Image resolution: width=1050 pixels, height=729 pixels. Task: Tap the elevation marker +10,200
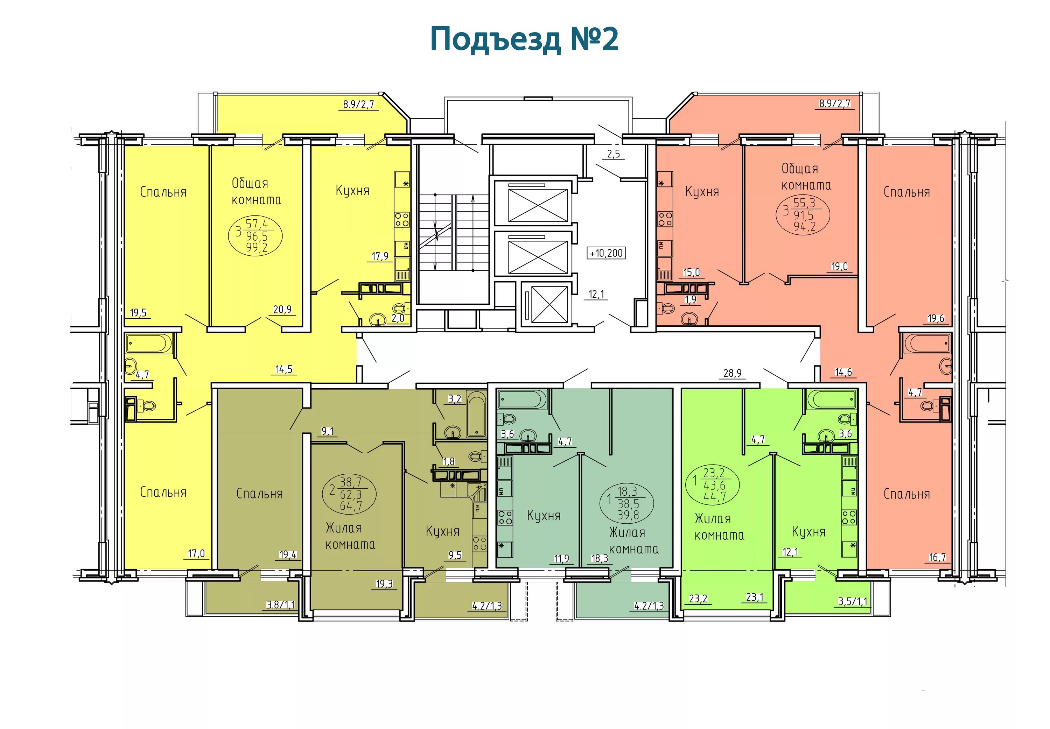click(606, 253)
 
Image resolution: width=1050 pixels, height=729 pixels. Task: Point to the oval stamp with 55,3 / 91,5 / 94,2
click(803, 215)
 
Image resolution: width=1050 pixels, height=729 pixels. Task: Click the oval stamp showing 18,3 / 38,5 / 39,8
click(627, 503)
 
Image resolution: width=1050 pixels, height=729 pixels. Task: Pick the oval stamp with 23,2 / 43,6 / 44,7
click(713, 484)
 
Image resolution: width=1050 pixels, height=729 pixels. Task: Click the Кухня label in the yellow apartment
click(352, 191)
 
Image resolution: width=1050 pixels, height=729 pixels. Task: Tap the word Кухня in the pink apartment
click(702, 192)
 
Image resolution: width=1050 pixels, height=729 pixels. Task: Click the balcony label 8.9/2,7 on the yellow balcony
click(359, 104)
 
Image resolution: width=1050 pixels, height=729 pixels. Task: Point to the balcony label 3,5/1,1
click(852, 602)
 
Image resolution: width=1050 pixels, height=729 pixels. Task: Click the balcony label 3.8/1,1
click(281, 605)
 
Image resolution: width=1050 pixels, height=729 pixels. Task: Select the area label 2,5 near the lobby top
click(613, 154)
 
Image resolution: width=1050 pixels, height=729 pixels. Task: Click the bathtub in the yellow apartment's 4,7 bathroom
click(149, 344)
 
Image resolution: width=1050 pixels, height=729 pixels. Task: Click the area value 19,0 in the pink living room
click(839, 266)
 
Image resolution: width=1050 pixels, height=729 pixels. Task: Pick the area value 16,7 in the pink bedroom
click(937, 557)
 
